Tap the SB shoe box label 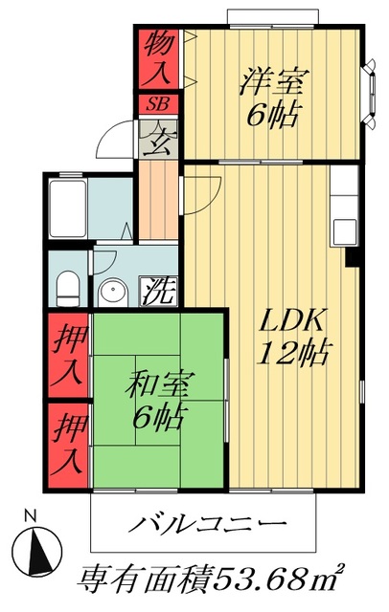156,103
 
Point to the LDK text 295,319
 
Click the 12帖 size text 295,354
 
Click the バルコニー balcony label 207,524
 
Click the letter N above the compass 31,514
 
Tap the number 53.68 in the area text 264,579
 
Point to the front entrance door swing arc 114,141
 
